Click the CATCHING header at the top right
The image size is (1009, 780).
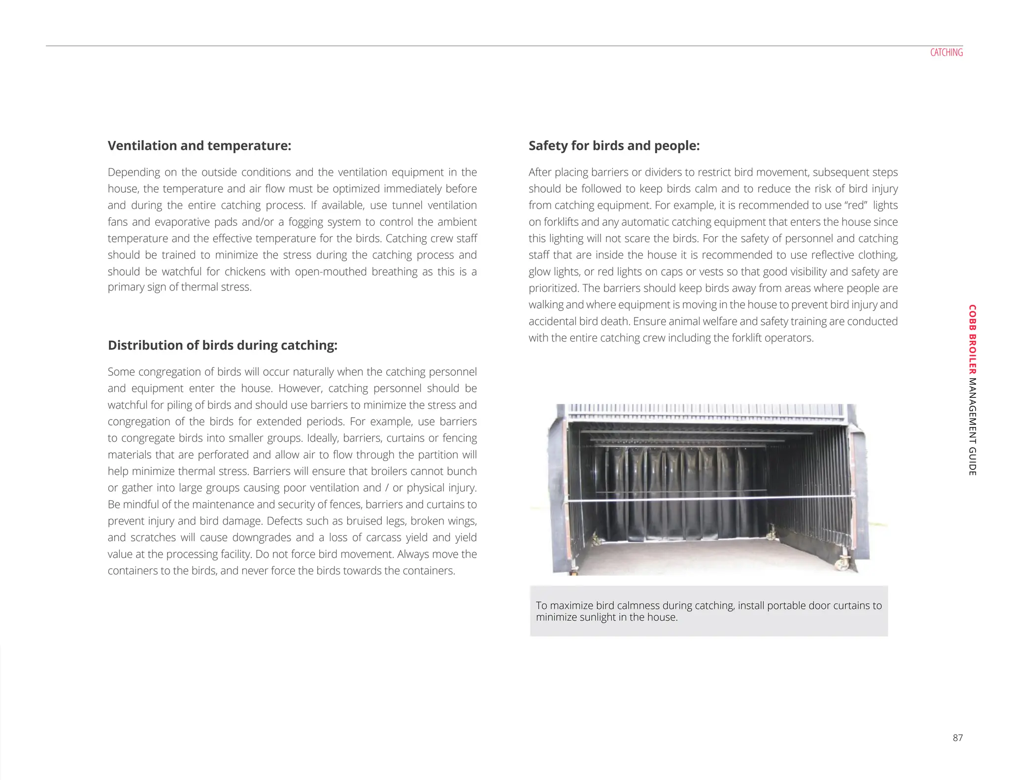coord(946,52)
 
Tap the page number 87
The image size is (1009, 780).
coord(957,738)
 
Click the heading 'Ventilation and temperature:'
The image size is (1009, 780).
coord(200,145)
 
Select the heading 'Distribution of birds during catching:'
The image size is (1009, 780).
coord(222,345)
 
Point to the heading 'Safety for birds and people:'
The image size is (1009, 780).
coord(614,145)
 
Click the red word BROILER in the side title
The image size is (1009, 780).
coord(972,355)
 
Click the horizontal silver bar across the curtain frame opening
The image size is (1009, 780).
coord(709,498)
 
